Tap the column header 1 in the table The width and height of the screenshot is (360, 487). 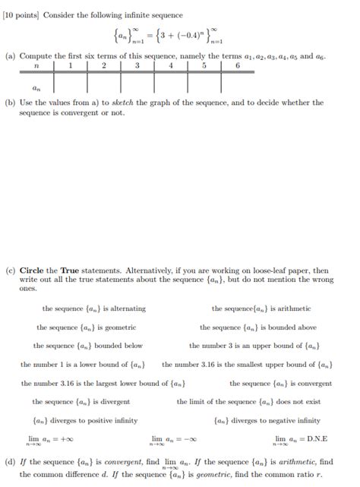(70, 65)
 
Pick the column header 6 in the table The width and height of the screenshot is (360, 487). (238, 65)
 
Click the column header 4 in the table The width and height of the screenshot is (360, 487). (171, 65)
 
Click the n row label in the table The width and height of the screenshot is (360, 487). (36, 65)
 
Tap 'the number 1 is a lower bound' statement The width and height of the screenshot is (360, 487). (83, 365)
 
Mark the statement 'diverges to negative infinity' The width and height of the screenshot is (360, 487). (267, 420)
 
